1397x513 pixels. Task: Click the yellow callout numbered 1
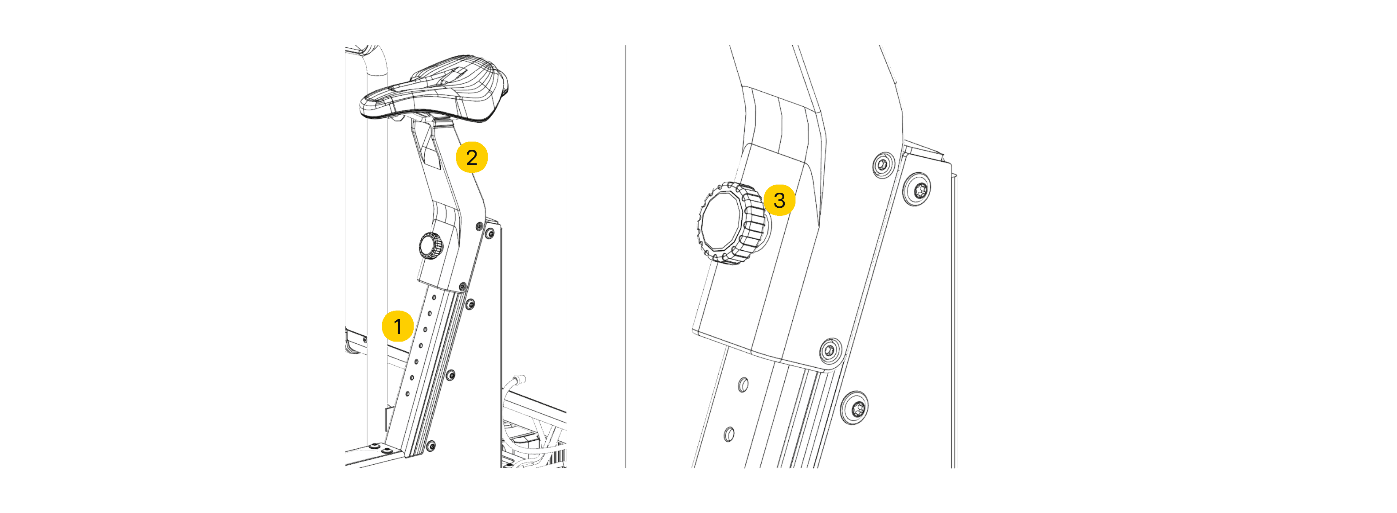coord(398,326)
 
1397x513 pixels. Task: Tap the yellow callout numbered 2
coord(471,157)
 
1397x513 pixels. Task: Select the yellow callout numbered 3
coord(779,200)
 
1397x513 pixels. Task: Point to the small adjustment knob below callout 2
coord(431,246)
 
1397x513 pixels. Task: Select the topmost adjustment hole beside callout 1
coord(434,297)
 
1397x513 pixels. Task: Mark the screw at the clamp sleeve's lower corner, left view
coord(462,287)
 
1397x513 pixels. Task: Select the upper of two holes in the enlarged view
coord(744,385)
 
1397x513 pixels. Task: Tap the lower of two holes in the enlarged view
coord(729,434)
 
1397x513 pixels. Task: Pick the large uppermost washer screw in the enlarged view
coord(919,189)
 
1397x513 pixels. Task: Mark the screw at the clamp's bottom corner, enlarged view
coord(830,350)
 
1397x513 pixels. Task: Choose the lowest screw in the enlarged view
coord(854,408)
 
